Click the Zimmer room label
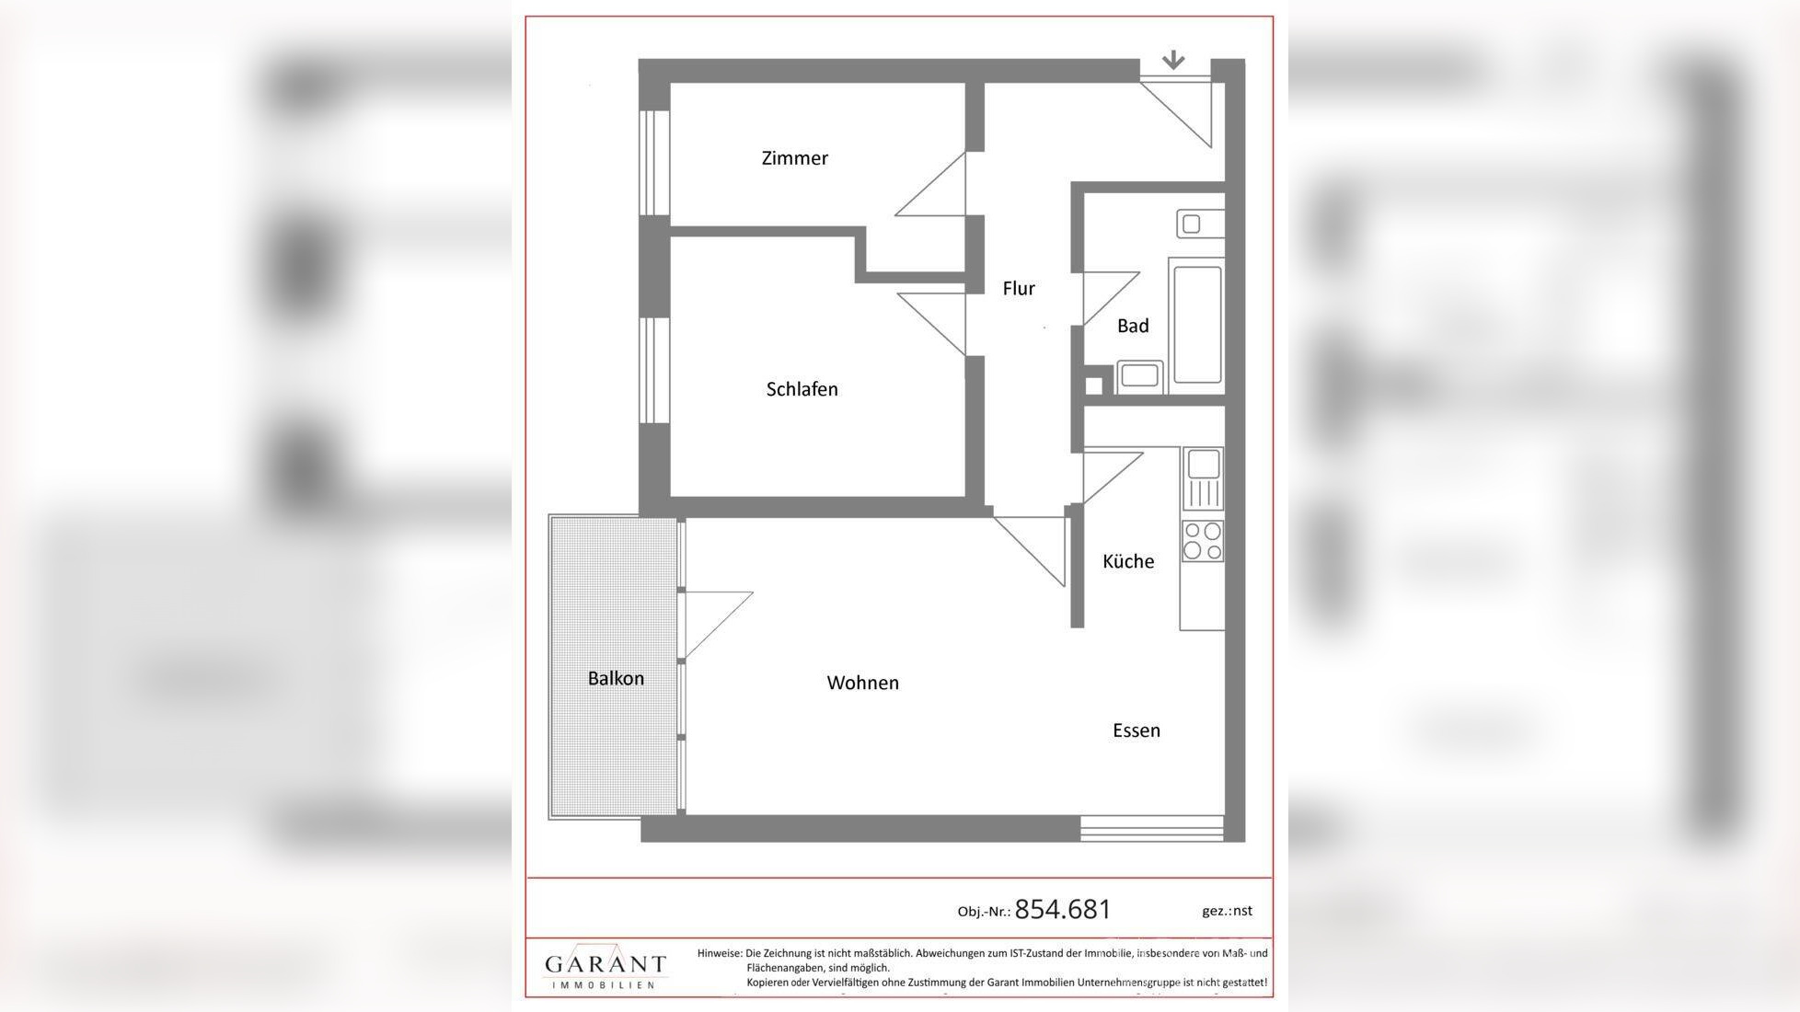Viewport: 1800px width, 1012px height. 794,158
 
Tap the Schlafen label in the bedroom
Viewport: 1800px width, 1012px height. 802,389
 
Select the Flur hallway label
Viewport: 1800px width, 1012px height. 1019,289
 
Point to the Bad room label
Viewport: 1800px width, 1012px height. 1133,326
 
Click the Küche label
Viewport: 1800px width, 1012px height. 1128,561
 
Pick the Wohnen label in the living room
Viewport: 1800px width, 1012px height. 862,683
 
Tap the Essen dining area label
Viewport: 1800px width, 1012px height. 1137,730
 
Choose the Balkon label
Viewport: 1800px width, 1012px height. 616,678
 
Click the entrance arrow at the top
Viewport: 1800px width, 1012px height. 1172,61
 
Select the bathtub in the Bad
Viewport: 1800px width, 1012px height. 1197,324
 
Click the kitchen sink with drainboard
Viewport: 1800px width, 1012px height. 1203,478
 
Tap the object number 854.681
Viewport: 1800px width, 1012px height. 1063,909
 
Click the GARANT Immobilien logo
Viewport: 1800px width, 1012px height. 605,967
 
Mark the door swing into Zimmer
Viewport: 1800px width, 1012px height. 930,185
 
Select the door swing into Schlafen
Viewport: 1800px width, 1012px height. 931,324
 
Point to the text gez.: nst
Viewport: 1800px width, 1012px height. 1227,911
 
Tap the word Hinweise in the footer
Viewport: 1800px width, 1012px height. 719,954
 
